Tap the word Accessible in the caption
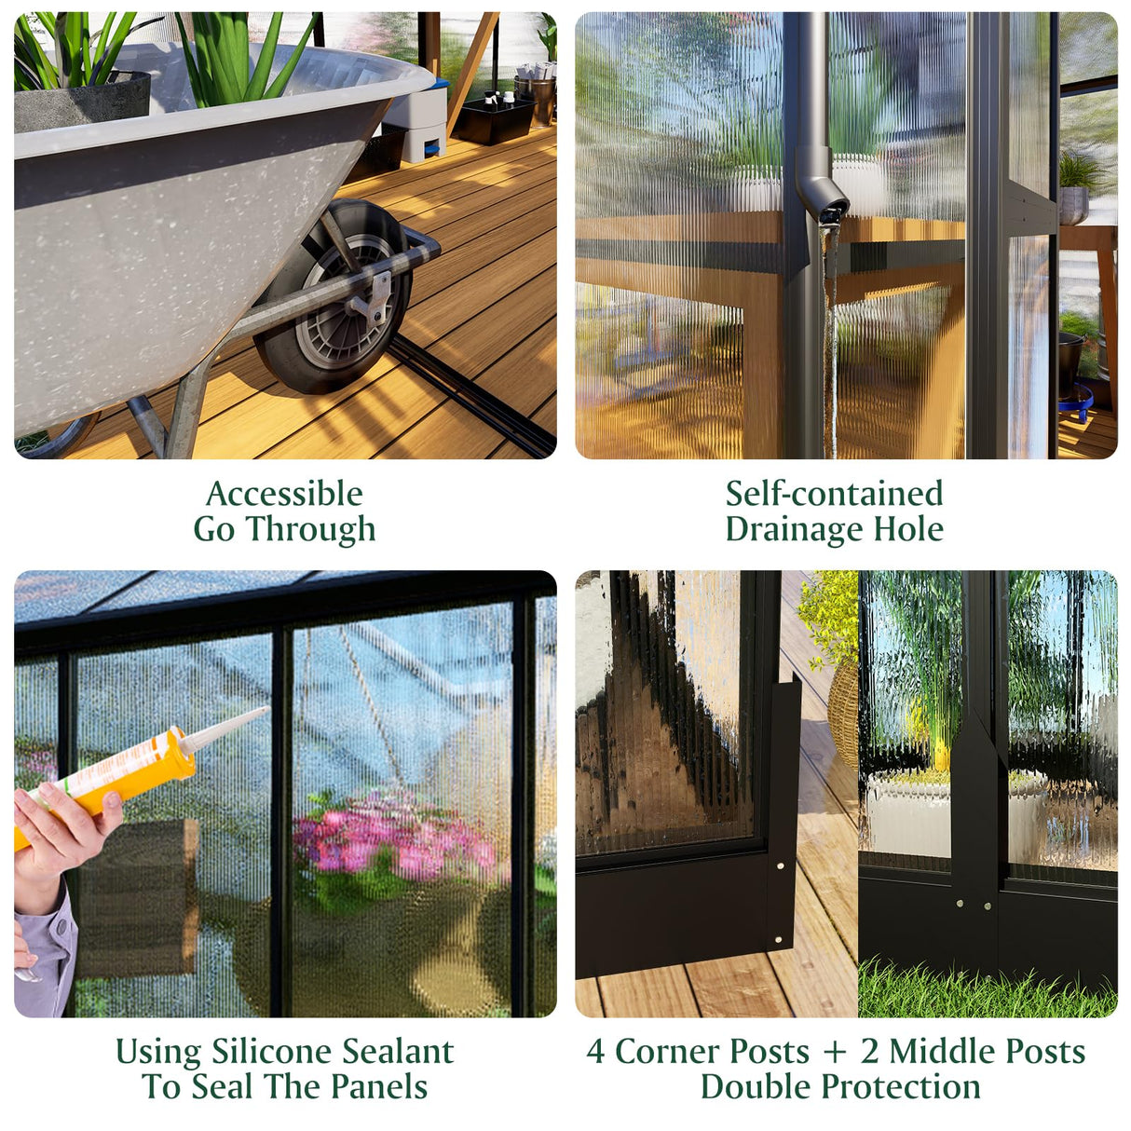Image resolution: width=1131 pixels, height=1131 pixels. click(x=284, y=494)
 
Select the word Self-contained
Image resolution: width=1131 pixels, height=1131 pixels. click(x=834, y=494)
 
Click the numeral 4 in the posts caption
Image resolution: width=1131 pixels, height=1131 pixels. click(x=595, y=1052)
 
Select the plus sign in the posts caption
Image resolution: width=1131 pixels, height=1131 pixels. click(x=835, y=1053)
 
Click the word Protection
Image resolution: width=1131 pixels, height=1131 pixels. click(x=901, y=1087)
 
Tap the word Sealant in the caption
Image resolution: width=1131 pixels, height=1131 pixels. click(x=398, y=1052)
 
